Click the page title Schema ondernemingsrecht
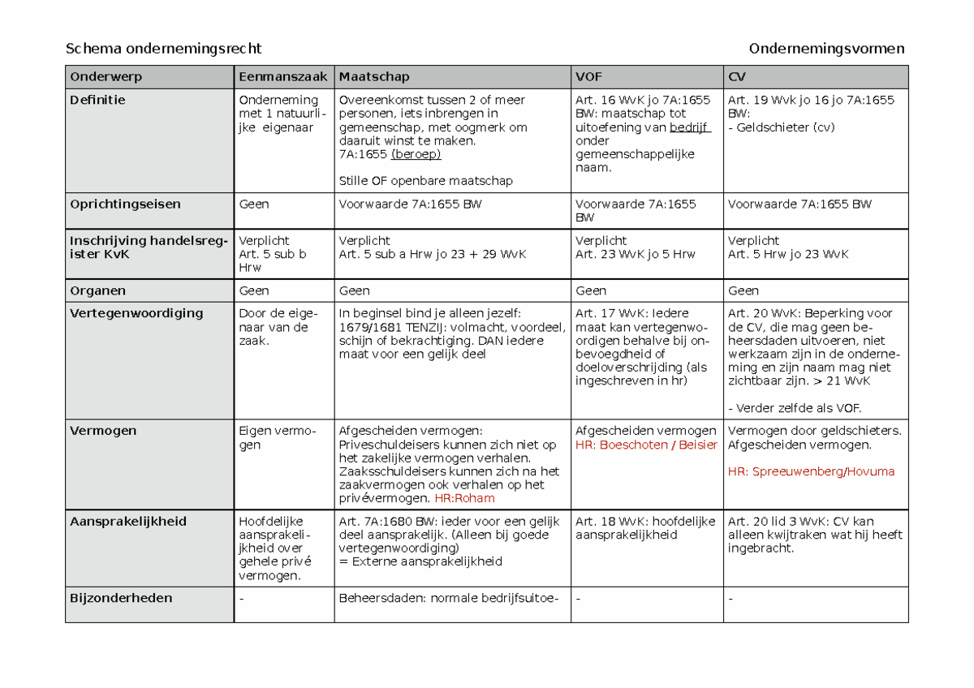pyautogui.click(x=163, y=49)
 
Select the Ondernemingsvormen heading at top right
pyautogui.click(x=826, y=49)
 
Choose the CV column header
pyautogui.click(x=737, y=77)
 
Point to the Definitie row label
pyautogui.click(x=97, y=100)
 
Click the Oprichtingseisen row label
pyautogui.click(x=125, y=204)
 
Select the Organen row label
pyautogui.click(x=97, y=290)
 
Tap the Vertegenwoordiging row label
pyautogui.click(x=136, y=313)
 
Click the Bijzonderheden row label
pyautogui.click(x=121, y=598)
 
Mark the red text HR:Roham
pyautogui.click(x=464, y=499)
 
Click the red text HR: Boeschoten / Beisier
pyautogui.click(x=646, y=445)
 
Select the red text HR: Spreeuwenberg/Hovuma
pyautogui.click(x=811, y=471)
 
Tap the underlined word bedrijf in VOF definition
pyautogui.click(x=689, y=127)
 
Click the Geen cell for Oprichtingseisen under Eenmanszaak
pyautogui.click(x=253, y=204)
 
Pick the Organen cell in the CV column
pyautogui.click(x=743, y=290)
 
